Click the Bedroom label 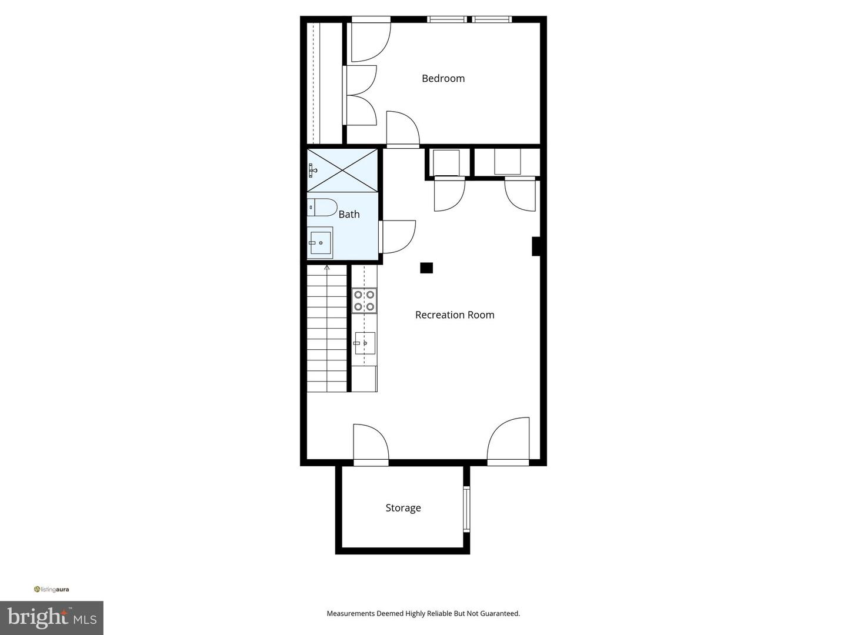point(443,78)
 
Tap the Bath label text point(349,215)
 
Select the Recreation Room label point(455,315)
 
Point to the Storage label point(403,508)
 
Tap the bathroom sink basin point(321,242)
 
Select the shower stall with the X point(342,170)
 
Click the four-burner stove point(364,300)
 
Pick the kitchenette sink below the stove point(365,343)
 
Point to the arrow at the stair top point(327,268)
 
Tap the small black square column point(426,268)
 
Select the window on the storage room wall point(466,509)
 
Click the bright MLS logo point(52,617)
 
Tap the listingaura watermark point(52,589)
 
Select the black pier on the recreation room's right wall point(536,246)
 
